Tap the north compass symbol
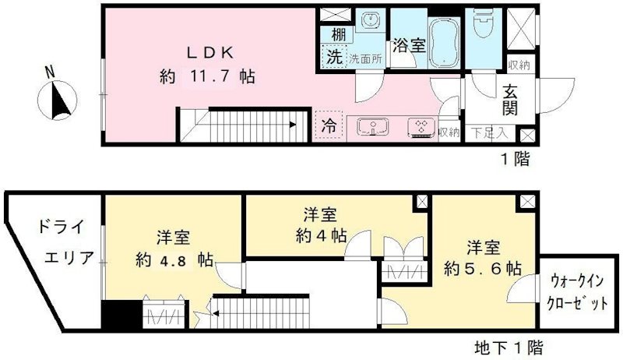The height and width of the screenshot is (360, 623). [55, 99]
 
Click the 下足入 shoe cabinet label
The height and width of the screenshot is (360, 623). [490, 133]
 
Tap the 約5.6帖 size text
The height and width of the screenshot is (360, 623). [484, 268]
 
